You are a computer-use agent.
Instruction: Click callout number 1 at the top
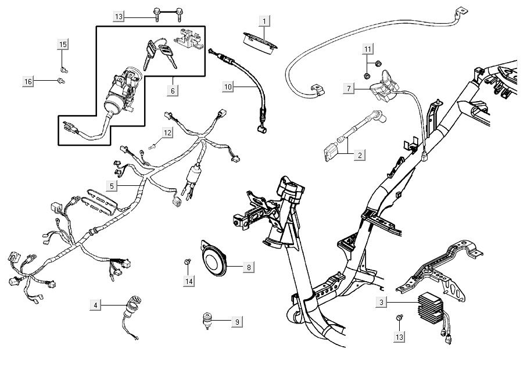tap(264, 21)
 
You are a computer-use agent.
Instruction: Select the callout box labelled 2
tap(360, 155)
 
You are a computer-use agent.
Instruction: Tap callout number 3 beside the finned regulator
tap(381, 303)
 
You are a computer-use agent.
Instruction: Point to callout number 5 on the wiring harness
tap(113, 185)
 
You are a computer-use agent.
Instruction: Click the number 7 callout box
tap(349, 88)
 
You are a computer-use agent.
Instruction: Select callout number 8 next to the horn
tap(249, 267)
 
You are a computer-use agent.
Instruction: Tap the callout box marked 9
tap(237, 321)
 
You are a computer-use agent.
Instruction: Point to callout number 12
tap(167, 133)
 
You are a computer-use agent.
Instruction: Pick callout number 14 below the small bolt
tap(189, 281)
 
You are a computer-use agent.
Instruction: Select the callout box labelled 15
tap(63, 44)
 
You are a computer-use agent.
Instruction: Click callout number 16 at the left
tap(28, 81)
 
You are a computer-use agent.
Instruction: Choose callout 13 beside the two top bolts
tap(119, 16)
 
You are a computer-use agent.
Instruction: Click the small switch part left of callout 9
tap(206, 319)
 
